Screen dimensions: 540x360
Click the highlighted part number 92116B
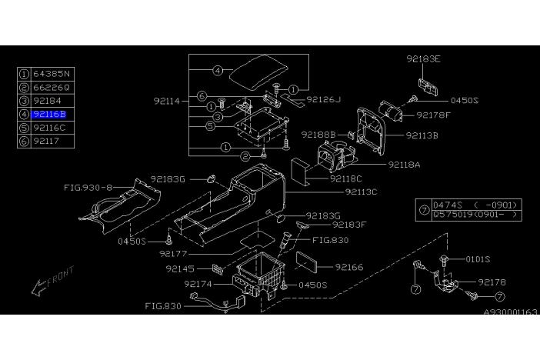point(48,114)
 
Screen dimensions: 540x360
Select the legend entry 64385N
point(52,74)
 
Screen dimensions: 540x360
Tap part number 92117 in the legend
point(46,141)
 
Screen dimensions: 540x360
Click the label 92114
point(167,102)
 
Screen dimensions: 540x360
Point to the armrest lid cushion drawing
point(258,73)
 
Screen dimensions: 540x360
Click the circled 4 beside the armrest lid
point(218,71)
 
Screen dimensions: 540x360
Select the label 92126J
point(323,99)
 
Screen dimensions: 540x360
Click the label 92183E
point(423,59)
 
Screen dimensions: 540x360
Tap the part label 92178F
point(433,115)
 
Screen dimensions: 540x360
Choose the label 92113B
point(422,135)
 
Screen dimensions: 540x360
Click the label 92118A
point(405,165)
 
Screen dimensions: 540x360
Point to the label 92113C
point(361,192)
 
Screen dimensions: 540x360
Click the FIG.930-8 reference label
point(88,188)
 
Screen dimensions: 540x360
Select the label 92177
point(173,254)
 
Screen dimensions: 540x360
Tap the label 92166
point(349,267)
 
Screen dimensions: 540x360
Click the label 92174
point(198,284)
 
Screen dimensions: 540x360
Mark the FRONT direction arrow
point(52,281)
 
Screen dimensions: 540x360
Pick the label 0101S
point(478,259)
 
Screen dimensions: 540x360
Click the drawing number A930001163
point(510,312)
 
